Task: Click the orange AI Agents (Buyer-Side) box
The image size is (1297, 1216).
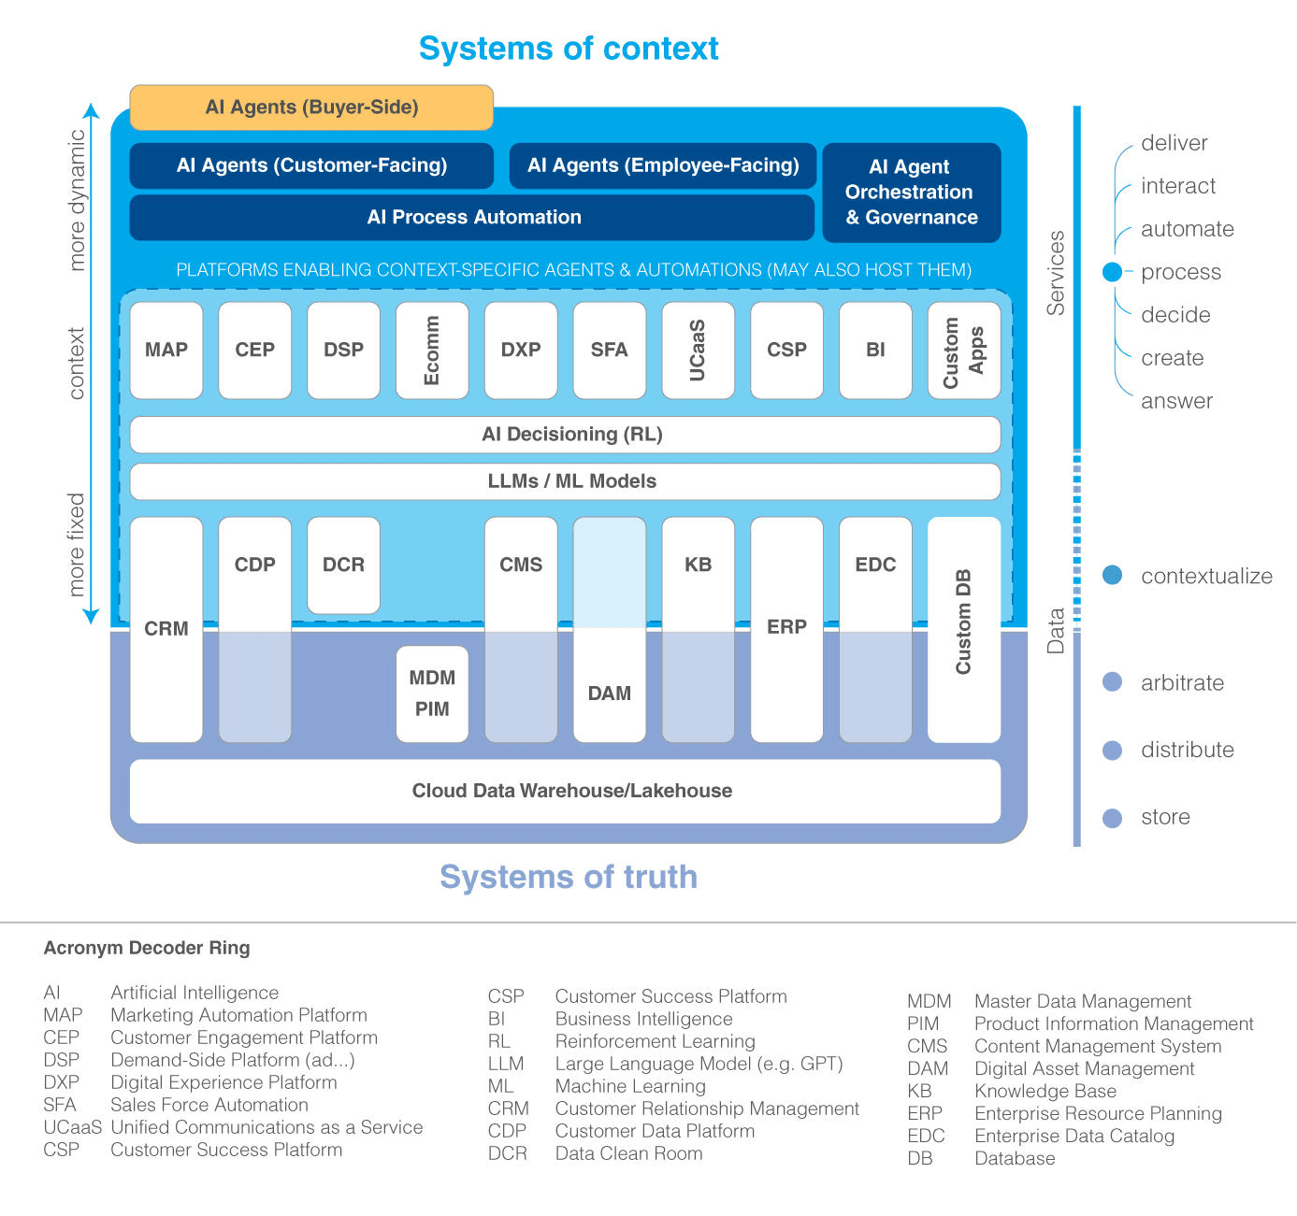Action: pyautogui.click(x=311, y=107)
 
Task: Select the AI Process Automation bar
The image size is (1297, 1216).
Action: pyautogui.click(x=472, y=218)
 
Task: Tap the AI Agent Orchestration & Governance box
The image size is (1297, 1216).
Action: pyautogui.click(x=912, y=193)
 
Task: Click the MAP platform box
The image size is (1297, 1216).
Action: pyautogui.click(x=166, y=350)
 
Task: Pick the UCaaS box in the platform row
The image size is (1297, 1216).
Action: pyautogui.click(x=698, y=350)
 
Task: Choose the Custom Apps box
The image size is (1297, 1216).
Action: pyautogui.click(x=964, y=350)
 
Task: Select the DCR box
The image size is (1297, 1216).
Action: pyautogui.click(x=343, y=565)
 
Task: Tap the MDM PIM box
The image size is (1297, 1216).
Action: pyautogui.click(x=432, y=694)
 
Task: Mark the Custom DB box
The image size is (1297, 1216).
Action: pyautogui.click(x=964, y=629)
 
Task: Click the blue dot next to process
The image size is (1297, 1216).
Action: pyautogui.click(x=1112, y=272)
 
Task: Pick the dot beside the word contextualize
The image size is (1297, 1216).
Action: pyautogui.click(x=1112, y=576)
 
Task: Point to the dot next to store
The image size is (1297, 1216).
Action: pyautogui.click(x=1112, y=818)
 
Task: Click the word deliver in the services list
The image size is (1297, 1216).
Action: pyautogui.click(x=1174, y=143)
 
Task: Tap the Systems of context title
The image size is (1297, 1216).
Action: pyautogui.click(x=569, y=49)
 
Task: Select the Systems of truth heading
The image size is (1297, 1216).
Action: pyautogui.click(x=569, y=878)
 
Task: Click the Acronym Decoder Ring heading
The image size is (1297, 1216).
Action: pyautogui.click(x=147, y=948)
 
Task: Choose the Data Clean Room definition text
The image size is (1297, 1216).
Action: pyautogui.click(x=628, y=1153)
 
